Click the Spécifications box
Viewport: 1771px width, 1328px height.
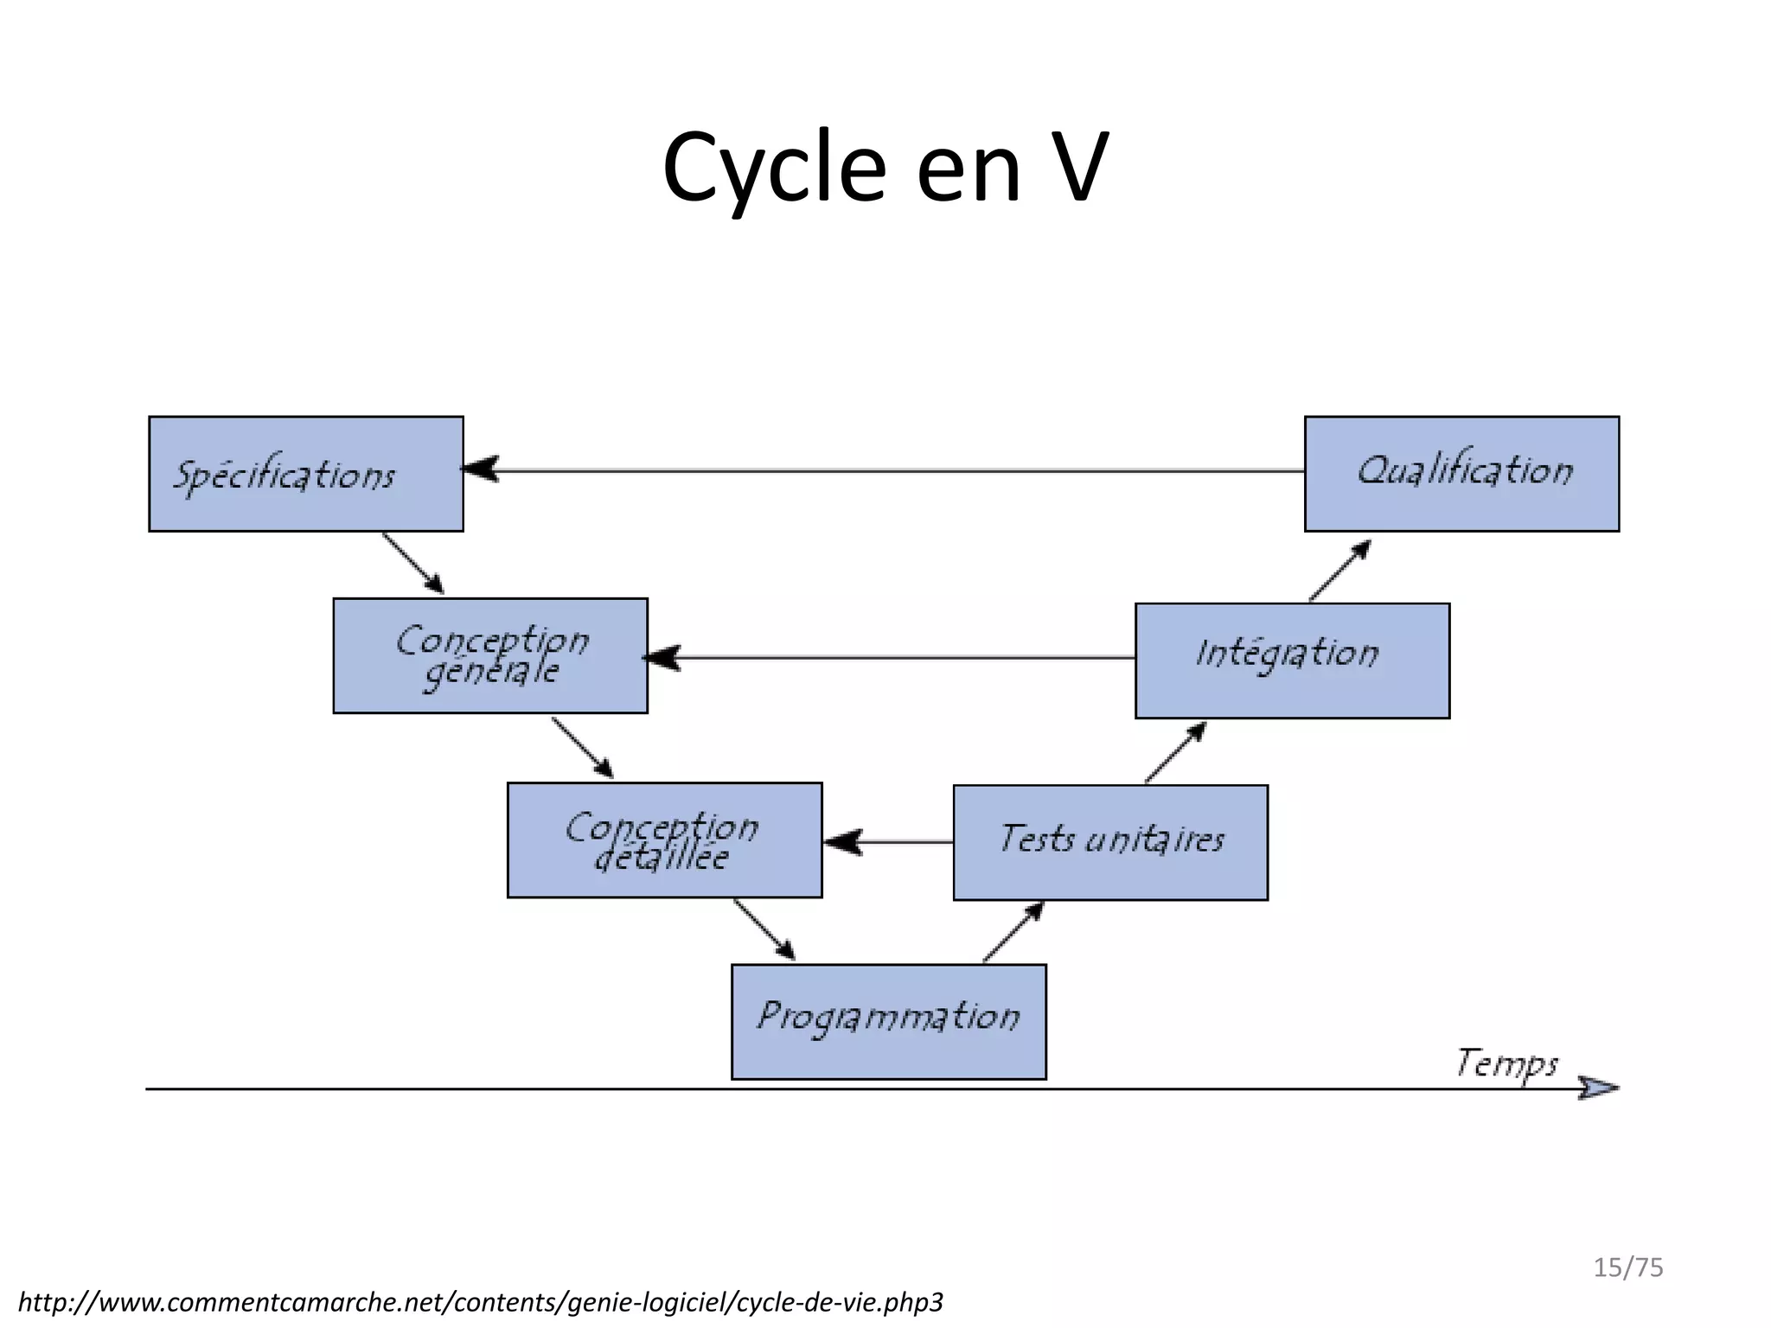click(306, 474)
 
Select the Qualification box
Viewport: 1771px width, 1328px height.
click(1461, 474)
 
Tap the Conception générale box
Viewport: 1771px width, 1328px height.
click(490, 655)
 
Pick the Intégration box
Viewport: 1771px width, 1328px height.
click(1292, 661)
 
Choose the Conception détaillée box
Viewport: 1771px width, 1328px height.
click(664, 840)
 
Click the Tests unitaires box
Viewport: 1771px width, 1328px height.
click(1110, 843)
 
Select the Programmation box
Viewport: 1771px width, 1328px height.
click(889, 1022)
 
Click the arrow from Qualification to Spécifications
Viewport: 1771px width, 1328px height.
click(882, 471)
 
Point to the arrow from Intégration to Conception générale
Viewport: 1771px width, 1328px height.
click(891, 658)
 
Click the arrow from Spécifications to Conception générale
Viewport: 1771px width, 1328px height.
click(413, 563)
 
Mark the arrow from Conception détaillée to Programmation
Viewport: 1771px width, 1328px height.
click(764, 929)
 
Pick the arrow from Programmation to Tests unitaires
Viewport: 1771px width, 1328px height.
click(1013, 932)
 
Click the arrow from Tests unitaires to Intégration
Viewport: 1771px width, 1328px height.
click(1175, 753)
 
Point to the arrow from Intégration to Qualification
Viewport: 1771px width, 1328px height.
click(1339, 571)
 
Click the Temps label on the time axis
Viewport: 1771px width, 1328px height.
click(1506, 1063)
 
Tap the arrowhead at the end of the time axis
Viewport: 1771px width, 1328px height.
click(1598, 1089)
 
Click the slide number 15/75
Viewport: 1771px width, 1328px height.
click(1628, 1267)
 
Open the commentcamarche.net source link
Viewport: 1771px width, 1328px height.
click(481, 1302)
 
